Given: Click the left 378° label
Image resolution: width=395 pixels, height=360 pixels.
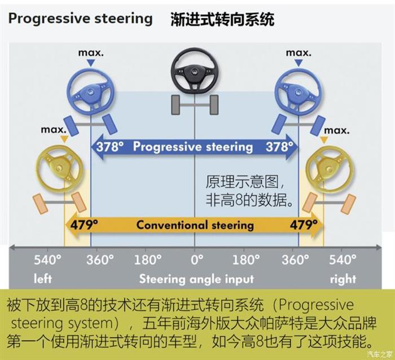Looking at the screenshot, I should click(109, 147).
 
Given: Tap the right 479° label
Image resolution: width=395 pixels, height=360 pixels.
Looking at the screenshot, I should click(305, 225).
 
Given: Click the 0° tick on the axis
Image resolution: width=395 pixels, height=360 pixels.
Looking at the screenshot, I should click(196, 260).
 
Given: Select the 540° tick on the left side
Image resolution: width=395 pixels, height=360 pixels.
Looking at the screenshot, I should click(47, 260).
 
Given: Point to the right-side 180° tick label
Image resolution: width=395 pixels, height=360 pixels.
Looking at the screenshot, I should click(246, 260).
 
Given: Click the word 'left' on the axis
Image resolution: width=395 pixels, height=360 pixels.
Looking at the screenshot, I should click(43, 278).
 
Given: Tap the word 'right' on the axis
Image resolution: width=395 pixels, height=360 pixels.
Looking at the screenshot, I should click(343, 278).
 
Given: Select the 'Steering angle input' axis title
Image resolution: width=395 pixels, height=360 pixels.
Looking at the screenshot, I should click(196, 278).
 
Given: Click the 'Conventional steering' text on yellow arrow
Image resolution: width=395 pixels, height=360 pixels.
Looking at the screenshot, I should click(195, 225).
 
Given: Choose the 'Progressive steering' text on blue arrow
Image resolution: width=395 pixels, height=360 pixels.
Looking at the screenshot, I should click(193, 147).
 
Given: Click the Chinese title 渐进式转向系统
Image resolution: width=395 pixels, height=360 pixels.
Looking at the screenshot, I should click(222, 19).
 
